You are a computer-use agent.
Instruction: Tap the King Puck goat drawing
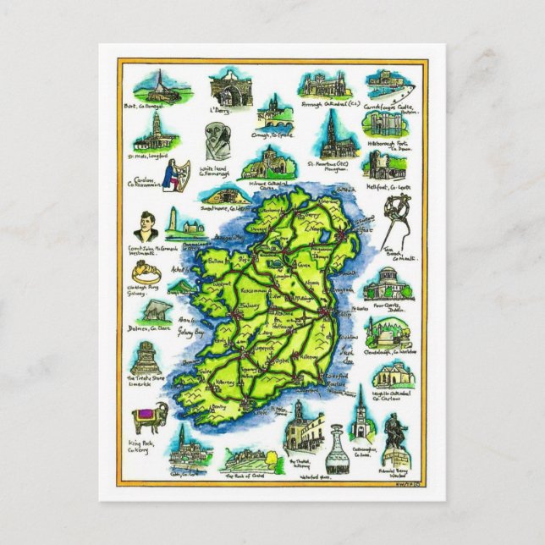pos(149,417)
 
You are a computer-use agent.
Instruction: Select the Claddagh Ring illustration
pos(143,272)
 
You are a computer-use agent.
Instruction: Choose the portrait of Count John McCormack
pos(145,226)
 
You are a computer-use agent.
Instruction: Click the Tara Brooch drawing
pos(394,222)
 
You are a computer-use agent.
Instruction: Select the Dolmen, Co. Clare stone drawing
pos(156,311)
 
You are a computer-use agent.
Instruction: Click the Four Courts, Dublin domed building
pos(386,285)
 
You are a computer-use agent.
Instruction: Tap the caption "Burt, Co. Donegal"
pos(153,106)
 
